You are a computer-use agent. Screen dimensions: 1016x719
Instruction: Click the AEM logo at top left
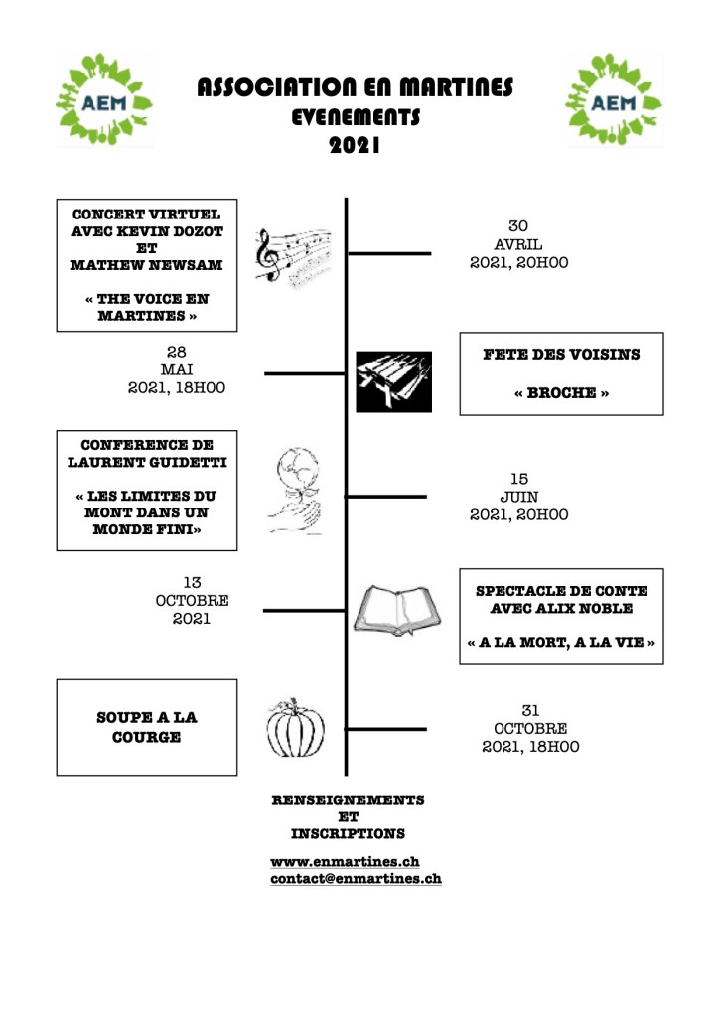tap(104, 99)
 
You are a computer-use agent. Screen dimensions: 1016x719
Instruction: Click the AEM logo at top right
tap(615, 99)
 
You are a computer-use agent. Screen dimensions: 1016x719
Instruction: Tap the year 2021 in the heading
tap(355, 146)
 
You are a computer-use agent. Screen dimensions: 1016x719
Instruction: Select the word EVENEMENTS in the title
tap(355, 117)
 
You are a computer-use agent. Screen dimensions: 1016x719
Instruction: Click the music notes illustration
tap(292, 257)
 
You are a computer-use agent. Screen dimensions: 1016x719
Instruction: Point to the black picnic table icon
tap(393, 381)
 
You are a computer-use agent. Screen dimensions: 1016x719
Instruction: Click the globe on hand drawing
tap(295, 492)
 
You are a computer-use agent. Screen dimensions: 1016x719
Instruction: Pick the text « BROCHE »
tap(561, 393)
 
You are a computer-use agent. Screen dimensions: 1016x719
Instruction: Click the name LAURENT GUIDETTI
tap(147, 462)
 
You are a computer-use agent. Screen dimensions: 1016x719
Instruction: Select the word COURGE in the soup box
tap(146, 737)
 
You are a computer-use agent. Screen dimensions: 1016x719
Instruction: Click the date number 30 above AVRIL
tap(518, 226)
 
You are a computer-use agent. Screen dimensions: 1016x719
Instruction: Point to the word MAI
tap(177, 369)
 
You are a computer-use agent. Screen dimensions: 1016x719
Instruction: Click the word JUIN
tap(518, 497)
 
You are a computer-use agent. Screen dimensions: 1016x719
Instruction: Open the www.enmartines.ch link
tap(344, 861)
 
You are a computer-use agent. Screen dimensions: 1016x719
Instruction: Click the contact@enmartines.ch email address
tap(356, 878)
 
